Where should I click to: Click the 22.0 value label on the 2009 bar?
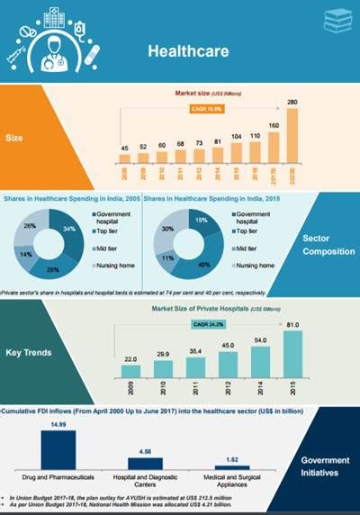point(131,357)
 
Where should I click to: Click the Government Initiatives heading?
point(326,465)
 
